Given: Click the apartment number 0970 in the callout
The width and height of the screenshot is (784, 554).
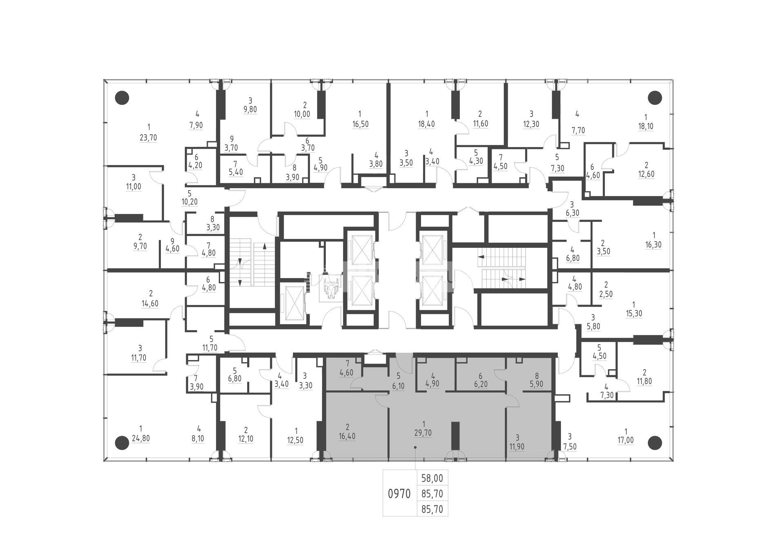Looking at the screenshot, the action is click(x=399, y=494).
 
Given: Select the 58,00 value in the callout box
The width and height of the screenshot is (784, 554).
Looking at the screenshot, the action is click(x=432, y=478).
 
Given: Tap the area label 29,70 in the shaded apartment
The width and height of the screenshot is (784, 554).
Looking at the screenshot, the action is click(x=424, y=433).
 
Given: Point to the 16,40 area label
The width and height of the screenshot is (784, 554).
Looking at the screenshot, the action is click(x=347, y=436).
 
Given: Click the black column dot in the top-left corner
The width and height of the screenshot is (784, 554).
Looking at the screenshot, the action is click(x=122, y=98).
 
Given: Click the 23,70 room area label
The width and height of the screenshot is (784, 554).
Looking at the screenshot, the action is click(x=148, y=138).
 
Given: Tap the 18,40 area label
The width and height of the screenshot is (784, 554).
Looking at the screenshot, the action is click(x=426, y=124).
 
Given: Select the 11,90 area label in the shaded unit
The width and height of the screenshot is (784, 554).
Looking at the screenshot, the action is click(x=517, y=447).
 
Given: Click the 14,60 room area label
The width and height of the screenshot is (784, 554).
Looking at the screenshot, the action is click(x=150, y=303).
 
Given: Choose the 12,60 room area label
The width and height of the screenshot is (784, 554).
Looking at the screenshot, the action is click(x=646, y=174).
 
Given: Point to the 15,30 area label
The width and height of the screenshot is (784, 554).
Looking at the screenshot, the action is click(x=634, y=314).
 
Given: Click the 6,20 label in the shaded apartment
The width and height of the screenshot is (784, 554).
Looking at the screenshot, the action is click(x=481, y=384).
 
